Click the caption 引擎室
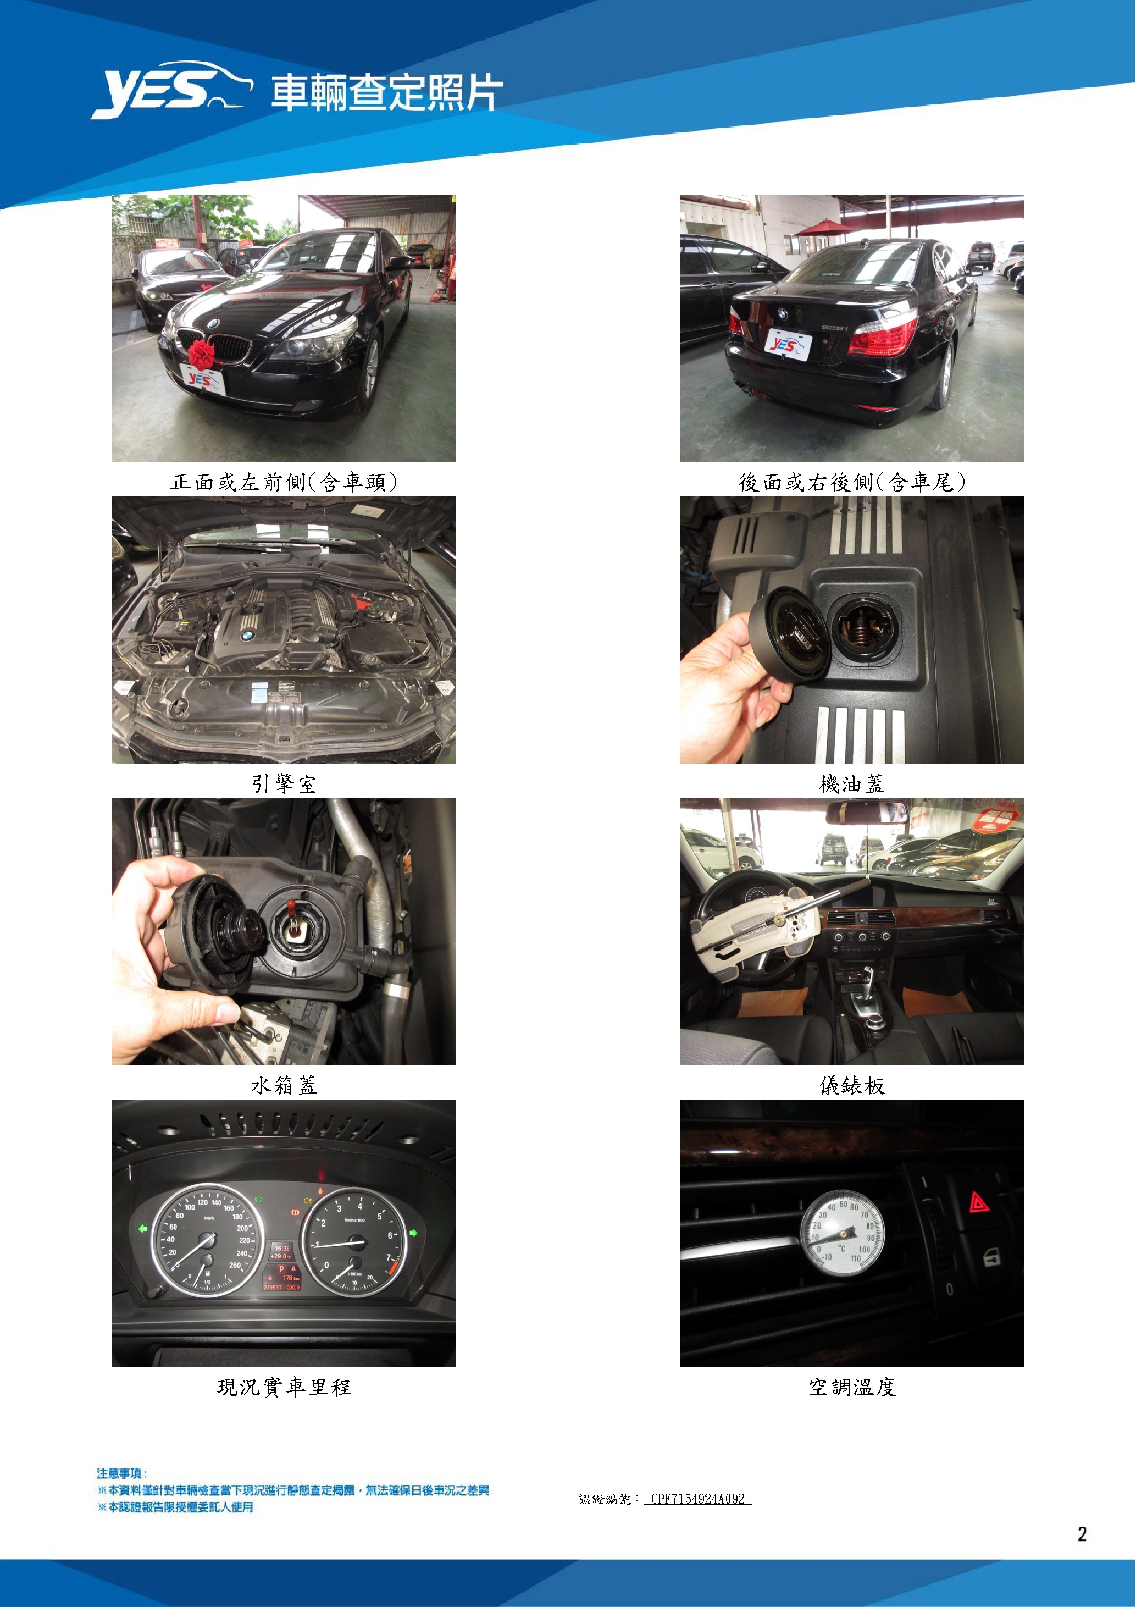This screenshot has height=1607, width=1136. [x=284, y=784]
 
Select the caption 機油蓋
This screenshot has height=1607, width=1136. [x=852, y=784]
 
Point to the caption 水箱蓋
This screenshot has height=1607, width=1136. [x=284, y=1086]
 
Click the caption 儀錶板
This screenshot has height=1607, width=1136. [x=852, y=1086]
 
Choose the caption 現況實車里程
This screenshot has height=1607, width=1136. [x=284, y=1387]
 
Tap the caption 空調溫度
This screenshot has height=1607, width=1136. [x=852, y=1387]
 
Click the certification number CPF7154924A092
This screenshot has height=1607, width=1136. [x=697, y=1499]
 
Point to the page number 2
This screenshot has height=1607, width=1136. [x=1082, y=1534]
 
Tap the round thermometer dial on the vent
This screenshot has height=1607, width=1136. [x=842, y=1233]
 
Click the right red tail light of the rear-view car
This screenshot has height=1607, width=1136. [x=883, y=334]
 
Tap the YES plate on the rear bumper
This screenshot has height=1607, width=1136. [x=788, y=345]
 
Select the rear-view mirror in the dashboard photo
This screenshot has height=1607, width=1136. [x=867, y=813]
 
